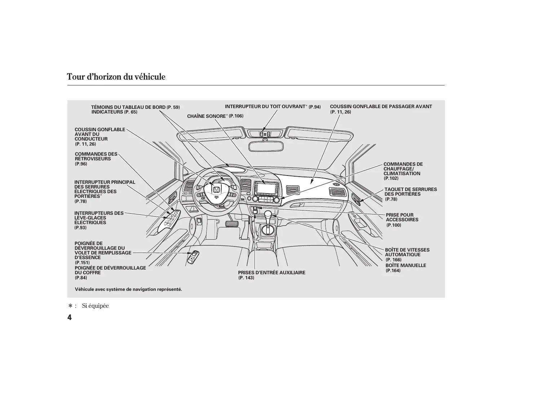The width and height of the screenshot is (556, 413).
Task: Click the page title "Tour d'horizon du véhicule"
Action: pos(116,77)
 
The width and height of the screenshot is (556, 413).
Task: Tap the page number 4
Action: pos(69,317)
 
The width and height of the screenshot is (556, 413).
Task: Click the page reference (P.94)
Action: pos(314,107)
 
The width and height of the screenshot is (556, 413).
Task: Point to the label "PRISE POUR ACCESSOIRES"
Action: pos(402,217)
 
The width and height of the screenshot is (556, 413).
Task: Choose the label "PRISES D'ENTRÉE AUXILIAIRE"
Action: pos(272,273)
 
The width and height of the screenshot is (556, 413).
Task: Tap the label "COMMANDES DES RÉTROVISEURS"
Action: pos(96,156)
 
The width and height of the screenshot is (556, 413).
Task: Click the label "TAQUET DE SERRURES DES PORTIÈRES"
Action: pos(410,192)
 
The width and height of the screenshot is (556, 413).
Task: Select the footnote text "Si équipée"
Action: pos(95,306)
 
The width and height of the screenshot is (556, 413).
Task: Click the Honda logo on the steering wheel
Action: pos(216,190)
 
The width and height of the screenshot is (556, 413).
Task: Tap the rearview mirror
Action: pos(266,146)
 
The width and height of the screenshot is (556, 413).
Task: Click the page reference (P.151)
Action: pos(82,263)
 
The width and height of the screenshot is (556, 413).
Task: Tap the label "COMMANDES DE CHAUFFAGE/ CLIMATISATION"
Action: pos(403,169)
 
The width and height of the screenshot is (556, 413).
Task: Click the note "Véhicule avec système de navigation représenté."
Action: pos(128,289)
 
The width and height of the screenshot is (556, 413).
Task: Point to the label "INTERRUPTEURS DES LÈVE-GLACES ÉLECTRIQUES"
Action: pos(99,218)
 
